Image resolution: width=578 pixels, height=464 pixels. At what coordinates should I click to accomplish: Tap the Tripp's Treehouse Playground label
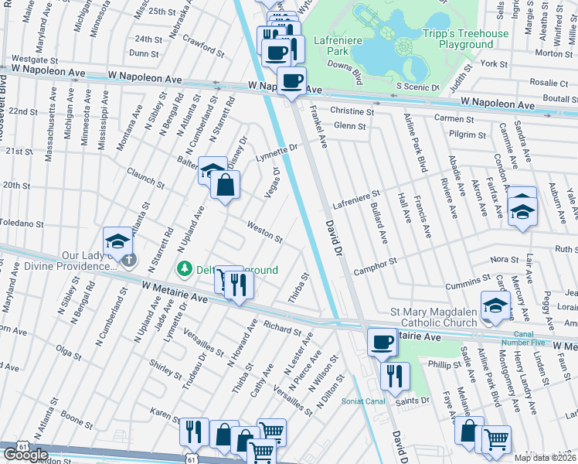point(466,39)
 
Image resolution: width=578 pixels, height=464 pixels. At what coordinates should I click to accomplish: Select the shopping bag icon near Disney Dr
point(225,186)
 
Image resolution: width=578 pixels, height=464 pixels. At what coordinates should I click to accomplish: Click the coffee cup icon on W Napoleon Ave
point(291,81)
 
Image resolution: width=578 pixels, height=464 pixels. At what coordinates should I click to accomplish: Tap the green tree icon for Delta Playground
point(184,269)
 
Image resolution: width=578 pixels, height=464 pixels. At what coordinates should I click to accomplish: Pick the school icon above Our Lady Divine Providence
point(118,242)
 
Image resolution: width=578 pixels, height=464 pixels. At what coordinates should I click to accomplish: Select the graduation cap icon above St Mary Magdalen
point(495,306)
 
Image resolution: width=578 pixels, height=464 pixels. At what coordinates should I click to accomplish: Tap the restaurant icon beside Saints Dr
point(395,377)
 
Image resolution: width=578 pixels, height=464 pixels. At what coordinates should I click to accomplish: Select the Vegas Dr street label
point(272,182)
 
